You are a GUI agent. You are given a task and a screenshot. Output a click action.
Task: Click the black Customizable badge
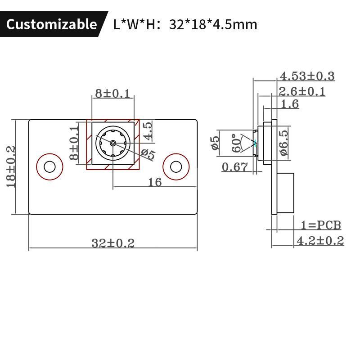tap(51, 24)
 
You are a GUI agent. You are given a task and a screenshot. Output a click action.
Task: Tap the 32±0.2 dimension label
tap(113, 243)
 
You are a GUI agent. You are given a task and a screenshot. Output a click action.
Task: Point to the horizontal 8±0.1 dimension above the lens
tap(112, 94)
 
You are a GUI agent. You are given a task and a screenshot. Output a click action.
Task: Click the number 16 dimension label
tap(154, 181)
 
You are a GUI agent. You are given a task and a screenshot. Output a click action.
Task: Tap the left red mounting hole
tap(49, 166)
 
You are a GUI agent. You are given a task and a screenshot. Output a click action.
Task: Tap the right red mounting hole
tap(175, 166)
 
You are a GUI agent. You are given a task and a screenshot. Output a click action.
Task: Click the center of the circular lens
tap(112, 144)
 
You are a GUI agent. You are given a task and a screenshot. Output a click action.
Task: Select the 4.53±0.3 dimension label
tap(307, 76)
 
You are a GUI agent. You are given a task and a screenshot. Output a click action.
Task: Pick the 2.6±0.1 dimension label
tap(302, 92)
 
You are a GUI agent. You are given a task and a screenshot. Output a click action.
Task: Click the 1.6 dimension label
tap(290, 104)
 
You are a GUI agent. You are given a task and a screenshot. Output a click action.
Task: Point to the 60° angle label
tap(235, 144)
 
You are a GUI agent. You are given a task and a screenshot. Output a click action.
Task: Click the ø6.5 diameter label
tap(284, 143)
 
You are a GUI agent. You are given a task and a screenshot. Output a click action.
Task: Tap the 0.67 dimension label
tap(235, 167)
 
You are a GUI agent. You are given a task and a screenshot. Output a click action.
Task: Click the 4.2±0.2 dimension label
tap(320, 241)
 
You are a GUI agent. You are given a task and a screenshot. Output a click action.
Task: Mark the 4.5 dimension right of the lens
tap(148, 130)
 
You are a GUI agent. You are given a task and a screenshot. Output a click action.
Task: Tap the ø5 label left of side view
tap(215, 143)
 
